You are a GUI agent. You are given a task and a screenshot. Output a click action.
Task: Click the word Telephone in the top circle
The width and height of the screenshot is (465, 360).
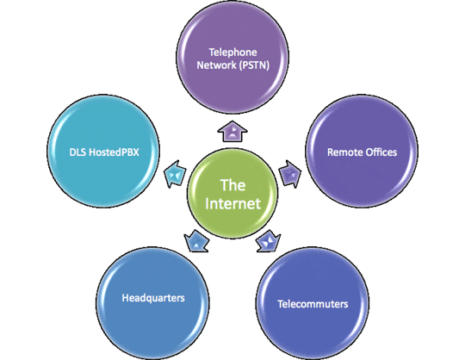232,53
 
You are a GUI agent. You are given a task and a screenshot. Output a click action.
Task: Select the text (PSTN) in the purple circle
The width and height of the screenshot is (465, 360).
254,65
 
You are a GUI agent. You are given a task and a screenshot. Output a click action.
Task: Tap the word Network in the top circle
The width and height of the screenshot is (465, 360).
216,65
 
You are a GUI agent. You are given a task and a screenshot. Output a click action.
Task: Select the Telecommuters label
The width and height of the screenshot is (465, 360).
313,304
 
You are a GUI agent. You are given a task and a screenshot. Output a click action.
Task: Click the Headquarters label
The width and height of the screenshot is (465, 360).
153,298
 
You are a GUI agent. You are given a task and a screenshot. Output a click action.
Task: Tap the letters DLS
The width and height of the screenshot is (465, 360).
77,152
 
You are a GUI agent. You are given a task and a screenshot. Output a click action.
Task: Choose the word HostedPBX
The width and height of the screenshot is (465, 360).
115,152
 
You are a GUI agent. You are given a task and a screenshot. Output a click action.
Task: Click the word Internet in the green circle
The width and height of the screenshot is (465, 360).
232,203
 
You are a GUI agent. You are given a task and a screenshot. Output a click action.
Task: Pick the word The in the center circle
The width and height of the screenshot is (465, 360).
232,185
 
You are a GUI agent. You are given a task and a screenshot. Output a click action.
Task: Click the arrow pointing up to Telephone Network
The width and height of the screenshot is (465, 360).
232,131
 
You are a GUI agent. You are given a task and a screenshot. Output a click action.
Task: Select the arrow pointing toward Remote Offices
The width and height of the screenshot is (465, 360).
290,173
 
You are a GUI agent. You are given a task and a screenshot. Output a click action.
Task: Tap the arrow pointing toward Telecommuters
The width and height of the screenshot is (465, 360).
269,241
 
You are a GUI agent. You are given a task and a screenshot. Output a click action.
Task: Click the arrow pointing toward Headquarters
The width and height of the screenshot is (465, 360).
196,241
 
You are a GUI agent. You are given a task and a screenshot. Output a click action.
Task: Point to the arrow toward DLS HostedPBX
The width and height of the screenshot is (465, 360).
175,174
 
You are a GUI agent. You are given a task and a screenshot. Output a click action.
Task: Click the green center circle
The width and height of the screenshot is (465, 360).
232,193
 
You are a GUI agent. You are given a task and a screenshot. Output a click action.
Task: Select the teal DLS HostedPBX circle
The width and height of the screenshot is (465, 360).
103,152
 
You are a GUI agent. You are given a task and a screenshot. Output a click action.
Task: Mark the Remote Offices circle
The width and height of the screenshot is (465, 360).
362,152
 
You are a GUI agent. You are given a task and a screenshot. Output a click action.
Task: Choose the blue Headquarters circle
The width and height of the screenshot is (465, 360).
152,303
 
